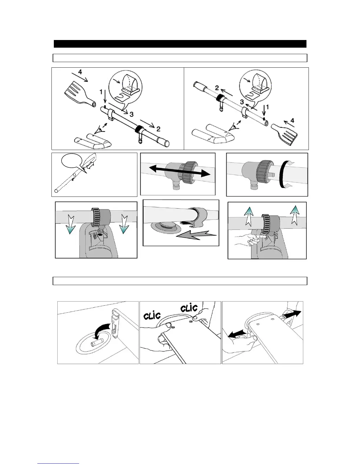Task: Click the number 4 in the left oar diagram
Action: (x=80, y=71)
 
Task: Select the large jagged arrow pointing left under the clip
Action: (x=196, y=234)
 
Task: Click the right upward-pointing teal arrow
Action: (x=295, y=213)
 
